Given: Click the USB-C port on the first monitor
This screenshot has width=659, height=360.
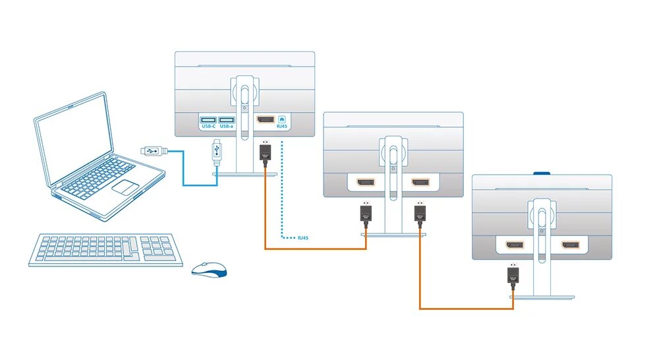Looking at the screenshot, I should [208, 119].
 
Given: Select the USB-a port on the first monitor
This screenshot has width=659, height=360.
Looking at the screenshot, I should [226, 119].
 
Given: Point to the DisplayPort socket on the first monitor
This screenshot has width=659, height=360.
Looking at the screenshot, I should [265, 119].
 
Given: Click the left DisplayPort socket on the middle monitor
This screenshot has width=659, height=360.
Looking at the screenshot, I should [365, 182].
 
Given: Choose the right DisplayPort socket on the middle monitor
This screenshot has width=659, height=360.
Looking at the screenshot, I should [420, 182].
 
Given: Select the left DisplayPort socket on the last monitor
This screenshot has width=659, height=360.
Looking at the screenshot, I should [514, 245].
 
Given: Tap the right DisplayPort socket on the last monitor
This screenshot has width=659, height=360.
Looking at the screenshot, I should [570, 245].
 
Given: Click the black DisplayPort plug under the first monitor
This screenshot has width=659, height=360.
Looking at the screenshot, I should [265, 155].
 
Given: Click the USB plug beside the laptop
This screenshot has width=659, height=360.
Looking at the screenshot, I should [154, 151].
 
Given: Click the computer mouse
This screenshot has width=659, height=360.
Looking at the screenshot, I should [210, 269].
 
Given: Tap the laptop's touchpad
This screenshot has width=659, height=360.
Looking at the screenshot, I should [125, 186].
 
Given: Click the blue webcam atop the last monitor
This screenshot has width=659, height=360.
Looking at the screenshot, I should [541, 173].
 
